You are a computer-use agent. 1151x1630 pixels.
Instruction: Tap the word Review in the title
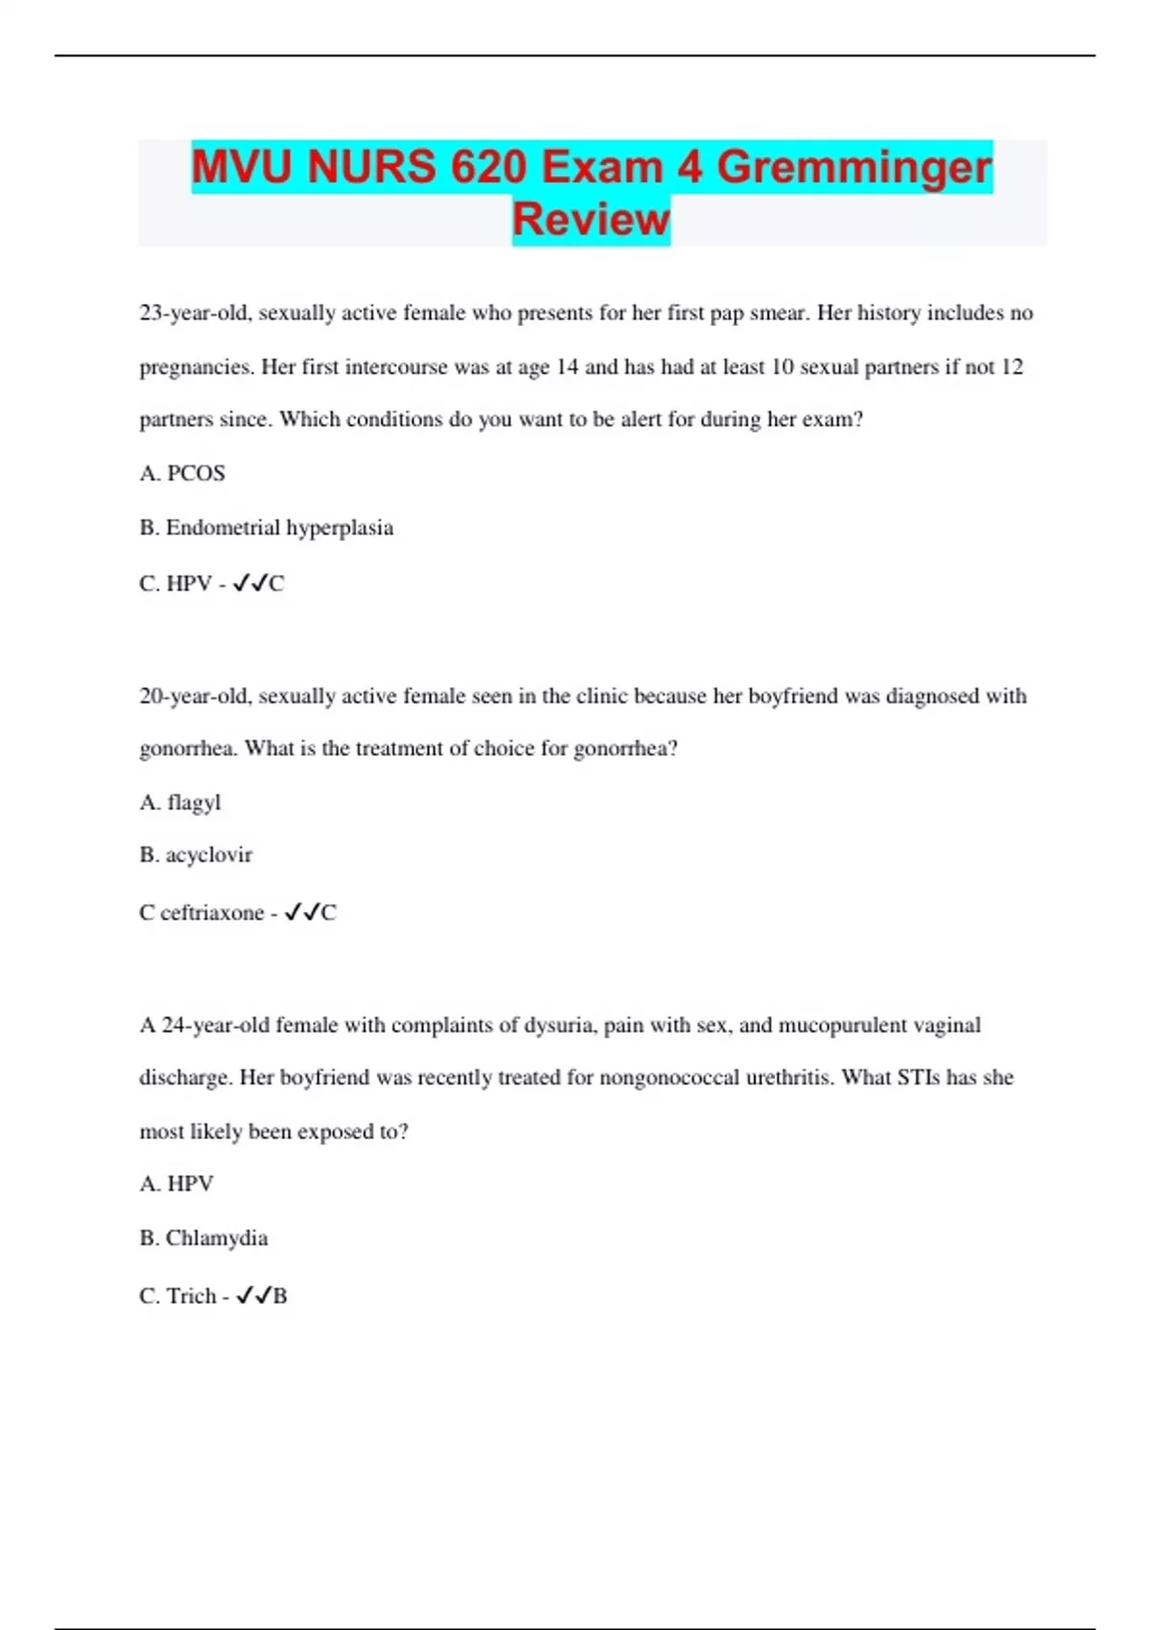[x=591, y=220]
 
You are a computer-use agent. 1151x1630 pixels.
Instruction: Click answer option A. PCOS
[x=182, y=474]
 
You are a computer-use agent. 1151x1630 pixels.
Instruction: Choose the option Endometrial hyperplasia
[x=267, y=528]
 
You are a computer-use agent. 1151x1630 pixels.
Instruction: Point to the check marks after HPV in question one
[x=249, y=583]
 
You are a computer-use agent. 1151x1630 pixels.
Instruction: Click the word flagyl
[x=194, y=803]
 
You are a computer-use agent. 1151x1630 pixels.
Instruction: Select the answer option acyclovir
[x=208, y=855]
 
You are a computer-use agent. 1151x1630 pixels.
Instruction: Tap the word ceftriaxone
[x=211, y=913]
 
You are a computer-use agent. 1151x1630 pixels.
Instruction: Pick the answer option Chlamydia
[x=217, y=1239]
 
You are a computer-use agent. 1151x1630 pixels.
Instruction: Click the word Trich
[x=191, y=1296]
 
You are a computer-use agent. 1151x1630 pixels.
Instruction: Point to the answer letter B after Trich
[x=280, y=1296]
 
